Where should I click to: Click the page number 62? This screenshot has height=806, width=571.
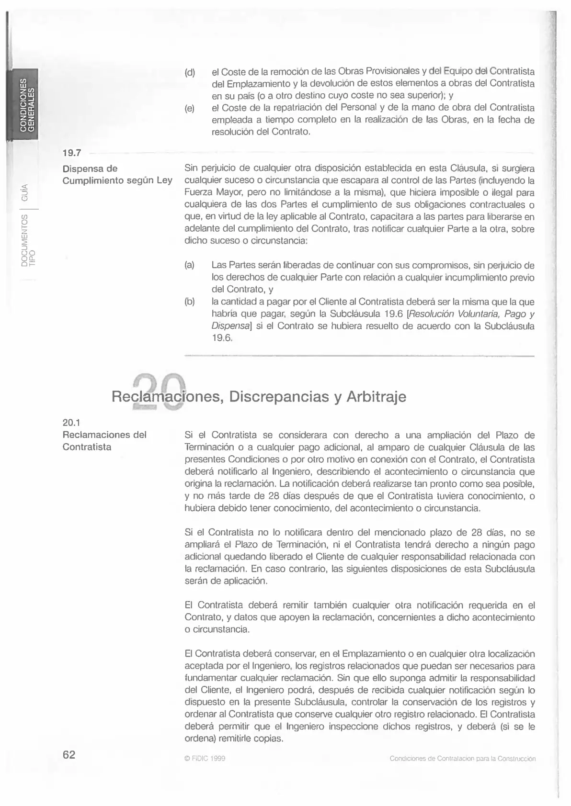click(69, 755)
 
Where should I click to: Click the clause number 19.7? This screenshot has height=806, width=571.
click(72, 153)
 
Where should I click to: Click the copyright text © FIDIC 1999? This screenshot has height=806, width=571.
click(205, 759)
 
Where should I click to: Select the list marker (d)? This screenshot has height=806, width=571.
click(190, 73)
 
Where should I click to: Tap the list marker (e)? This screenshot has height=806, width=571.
click(190, 109)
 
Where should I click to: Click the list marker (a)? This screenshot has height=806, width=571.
click(190, 265)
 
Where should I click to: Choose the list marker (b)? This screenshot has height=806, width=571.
click(190, 302)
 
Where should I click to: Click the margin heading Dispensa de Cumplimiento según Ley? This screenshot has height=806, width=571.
click(117, 175)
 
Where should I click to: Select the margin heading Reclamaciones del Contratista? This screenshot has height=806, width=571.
click(104, 441)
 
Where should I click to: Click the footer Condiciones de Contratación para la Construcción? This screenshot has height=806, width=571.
click(462, 759)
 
